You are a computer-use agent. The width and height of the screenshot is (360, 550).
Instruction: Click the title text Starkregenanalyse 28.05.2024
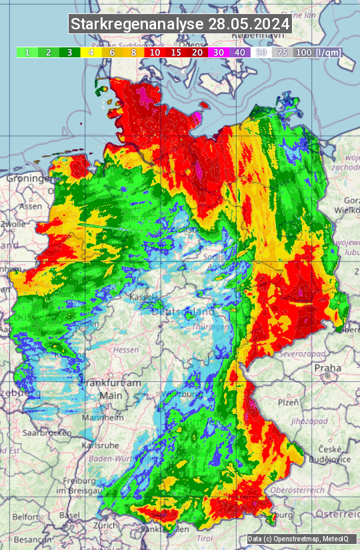pos(180,25)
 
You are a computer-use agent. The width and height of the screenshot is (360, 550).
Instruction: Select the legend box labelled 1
pos(27,52)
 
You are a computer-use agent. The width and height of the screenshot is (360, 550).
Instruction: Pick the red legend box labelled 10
pos(154,52)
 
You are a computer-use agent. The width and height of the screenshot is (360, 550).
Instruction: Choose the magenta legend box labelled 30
pos(219,52)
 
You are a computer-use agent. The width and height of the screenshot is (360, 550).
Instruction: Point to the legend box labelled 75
pos(283,52)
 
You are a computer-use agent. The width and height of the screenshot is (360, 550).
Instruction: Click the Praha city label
pos(328,367)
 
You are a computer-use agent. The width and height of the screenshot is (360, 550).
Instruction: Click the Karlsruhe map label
pos(95,445)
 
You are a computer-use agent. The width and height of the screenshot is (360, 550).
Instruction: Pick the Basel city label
pos(69,515)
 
